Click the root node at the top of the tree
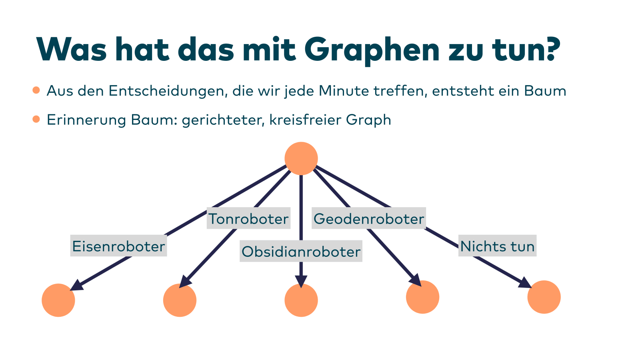click(x=301, y=158)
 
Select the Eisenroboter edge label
click(x=118, y=246)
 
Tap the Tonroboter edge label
click(x=248, y=218)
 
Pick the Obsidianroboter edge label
click(x=301, y=251)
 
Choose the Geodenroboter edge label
click(x=368, y=218)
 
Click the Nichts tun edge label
click(x=497, y=246)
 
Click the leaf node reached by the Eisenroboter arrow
click(x=58, y=300)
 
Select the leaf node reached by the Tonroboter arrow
click(x=180, y=300)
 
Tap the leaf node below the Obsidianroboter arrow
click(x=301, y=300)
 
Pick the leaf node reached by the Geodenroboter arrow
click(x=422, y=297)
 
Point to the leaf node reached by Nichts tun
click(x=544, y=297)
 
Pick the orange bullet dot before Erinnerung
click(x=36, y=119)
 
